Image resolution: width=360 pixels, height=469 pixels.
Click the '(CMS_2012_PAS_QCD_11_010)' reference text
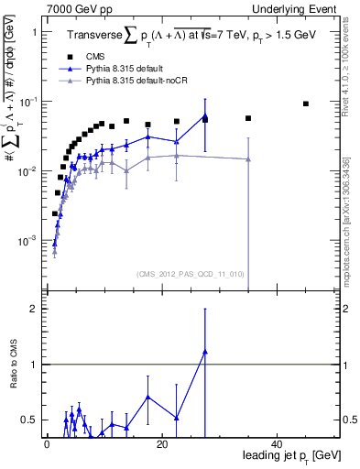tap(191, 274)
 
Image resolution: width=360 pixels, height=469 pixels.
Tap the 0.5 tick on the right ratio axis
tap(346, 420)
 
